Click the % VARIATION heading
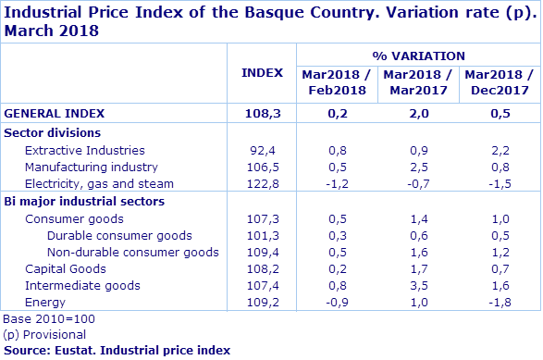418,56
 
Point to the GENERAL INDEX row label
54,113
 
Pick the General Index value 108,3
263,113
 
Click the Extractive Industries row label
84,150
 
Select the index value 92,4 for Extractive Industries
263,150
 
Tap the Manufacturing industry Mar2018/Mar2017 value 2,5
417,168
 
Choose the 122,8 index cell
263,184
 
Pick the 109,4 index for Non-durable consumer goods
263,253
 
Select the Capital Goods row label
65,269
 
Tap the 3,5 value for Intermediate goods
417,286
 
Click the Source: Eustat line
117,350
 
